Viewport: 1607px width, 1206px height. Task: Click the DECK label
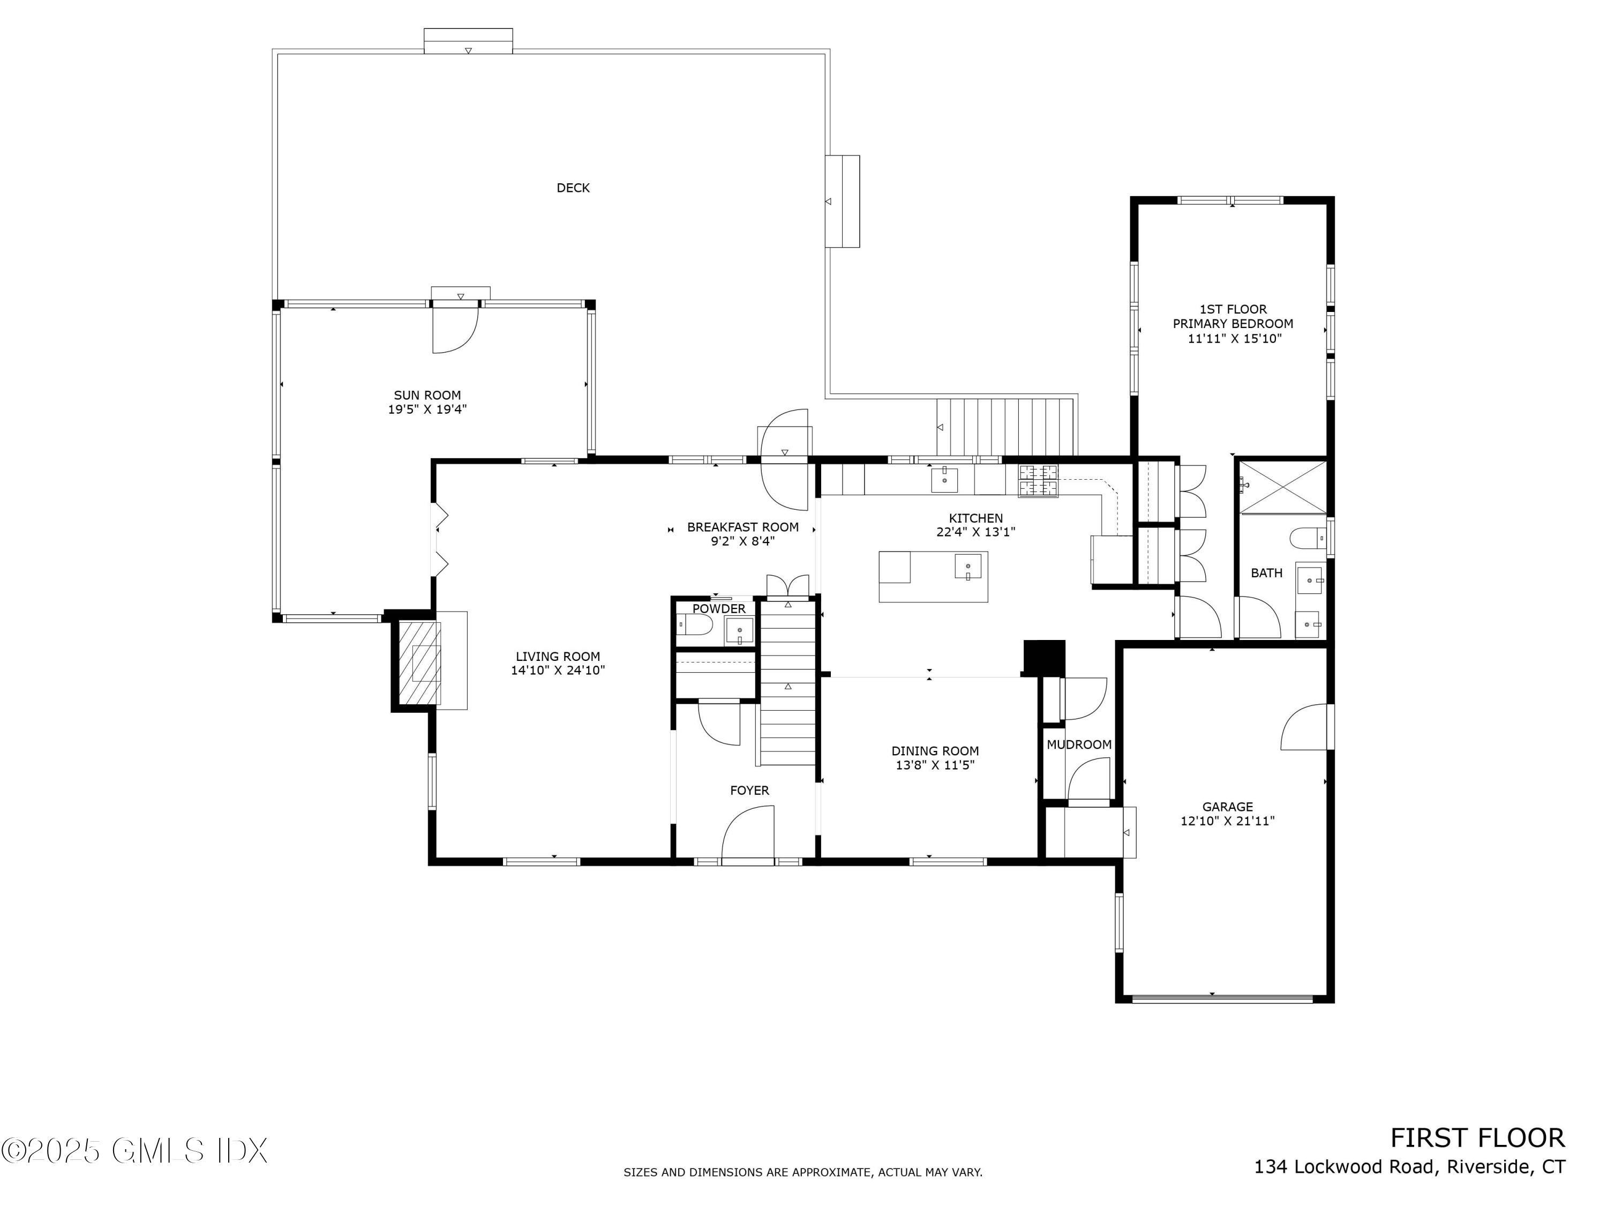pos(573,188)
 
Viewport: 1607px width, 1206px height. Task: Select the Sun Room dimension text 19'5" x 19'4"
pos(427,410)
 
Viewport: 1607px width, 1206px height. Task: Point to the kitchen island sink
pos(968,567)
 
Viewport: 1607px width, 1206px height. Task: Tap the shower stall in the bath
pos(1283,487)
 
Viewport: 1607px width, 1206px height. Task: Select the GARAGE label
pos(1227,807)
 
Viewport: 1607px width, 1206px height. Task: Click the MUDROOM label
pos(1078,745)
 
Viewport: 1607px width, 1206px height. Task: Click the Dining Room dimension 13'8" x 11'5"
pos(934,765)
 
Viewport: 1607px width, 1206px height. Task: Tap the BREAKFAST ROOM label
pos(742,527)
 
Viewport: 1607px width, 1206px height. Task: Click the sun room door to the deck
pos(455,329)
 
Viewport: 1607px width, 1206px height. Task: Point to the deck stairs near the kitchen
pos(1005,427)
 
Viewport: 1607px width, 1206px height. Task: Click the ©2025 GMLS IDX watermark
pos(135,1151)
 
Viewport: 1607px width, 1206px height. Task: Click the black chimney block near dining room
pos(1044,657)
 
